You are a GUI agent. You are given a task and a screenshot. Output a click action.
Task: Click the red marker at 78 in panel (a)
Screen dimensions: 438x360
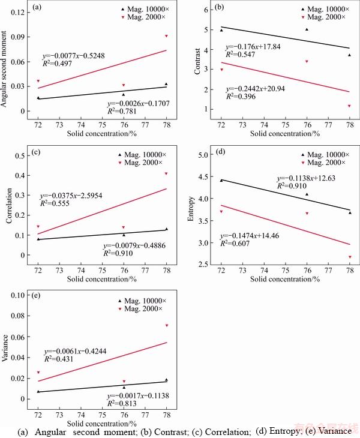[166, 36]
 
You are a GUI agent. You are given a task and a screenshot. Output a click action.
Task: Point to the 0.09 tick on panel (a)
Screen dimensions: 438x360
[22, 37]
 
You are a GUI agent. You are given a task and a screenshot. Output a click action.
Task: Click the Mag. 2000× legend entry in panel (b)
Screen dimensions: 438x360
[323, 17]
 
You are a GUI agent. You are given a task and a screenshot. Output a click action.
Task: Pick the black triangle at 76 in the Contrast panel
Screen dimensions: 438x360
[307, 29]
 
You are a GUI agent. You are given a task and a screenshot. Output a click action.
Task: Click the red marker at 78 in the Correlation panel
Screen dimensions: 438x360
[166, 173]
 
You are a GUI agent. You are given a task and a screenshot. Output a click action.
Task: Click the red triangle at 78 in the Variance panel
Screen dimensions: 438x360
[166, 325]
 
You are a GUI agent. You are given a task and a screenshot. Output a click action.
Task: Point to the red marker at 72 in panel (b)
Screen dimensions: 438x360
[221, 70]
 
